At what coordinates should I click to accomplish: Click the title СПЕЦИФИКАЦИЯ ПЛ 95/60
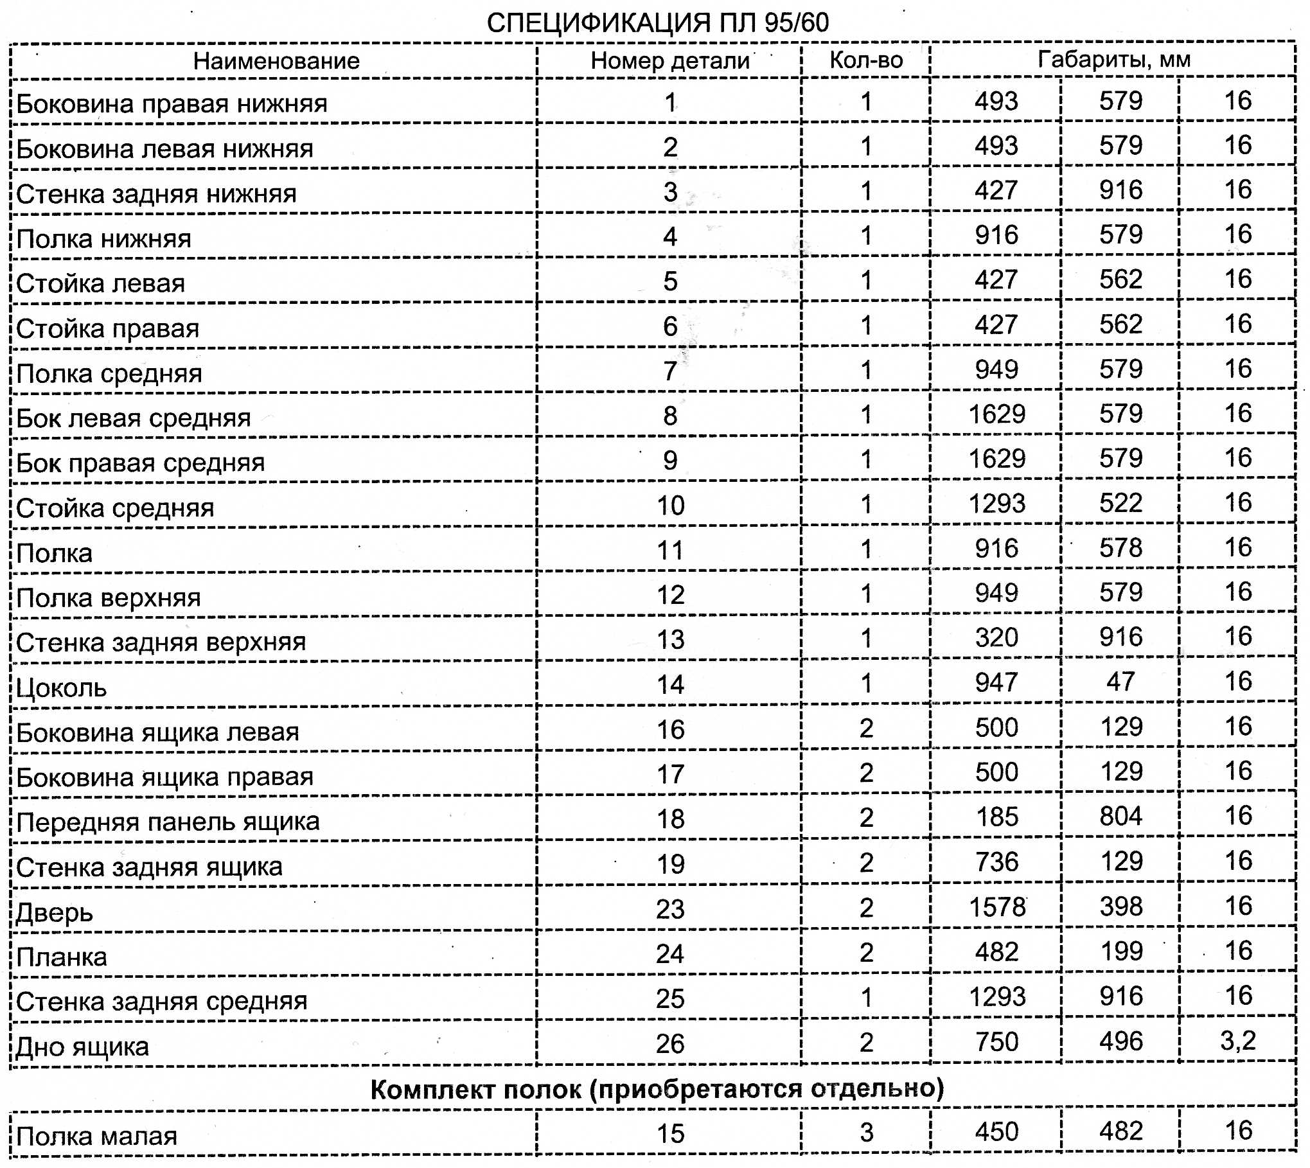pos(657,23)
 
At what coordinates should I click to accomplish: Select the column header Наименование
pos(276,61)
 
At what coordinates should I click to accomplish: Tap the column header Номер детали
pos(670,60)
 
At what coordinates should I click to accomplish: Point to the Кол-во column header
pos(866,60)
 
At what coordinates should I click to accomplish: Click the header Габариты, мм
pos(1113,59)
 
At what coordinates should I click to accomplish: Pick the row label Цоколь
pos(62,688)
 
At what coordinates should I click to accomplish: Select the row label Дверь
pos(55,913)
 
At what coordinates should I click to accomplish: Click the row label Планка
pos(62,957)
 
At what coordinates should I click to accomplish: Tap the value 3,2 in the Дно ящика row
pos(1237,1040)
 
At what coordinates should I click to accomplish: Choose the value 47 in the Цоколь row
pos(1120,682)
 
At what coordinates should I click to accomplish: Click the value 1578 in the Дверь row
pos(996,907)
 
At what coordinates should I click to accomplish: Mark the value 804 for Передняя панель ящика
pos(1120,817)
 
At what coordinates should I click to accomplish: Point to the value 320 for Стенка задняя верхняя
pos(996,637)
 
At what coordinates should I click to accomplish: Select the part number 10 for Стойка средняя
pos(670,506)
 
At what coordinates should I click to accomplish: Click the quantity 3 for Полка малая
pos(866,1132)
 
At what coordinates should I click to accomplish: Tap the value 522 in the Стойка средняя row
pos(1120,503)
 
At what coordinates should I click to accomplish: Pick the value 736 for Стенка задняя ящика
pos(996,862)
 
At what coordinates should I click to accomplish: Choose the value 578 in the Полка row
pos(1120,548)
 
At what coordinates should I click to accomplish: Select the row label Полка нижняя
pos(104,239)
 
